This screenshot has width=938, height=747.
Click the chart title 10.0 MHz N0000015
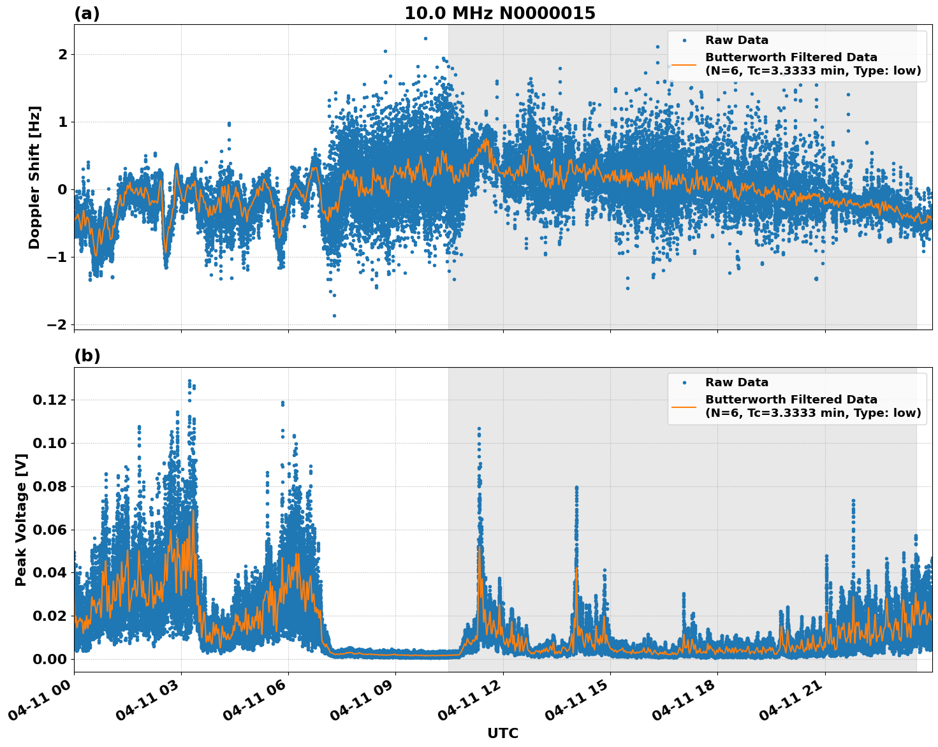click(499, 13)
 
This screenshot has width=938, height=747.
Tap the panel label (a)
click(87, 13)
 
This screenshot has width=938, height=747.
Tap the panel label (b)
click(87, 356)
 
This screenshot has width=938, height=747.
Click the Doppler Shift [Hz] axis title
click(34, 177)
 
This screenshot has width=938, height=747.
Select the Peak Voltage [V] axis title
click(21, 519)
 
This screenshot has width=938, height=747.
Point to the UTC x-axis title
click(502, 734)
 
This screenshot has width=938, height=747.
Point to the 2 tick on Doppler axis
click(62, 55)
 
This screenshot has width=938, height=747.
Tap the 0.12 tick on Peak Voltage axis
click(49, 400)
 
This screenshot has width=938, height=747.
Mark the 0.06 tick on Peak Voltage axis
click(49, 530)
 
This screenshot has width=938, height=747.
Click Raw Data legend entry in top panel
click(736, 40)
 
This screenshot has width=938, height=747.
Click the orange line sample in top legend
click(684, 64)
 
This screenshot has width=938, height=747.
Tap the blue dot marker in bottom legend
click(684, 382)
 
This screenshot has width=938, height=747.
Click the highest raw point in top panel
click(425, 38)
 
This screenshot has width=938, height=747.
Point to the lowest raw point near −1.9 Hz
click(334, 315)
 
